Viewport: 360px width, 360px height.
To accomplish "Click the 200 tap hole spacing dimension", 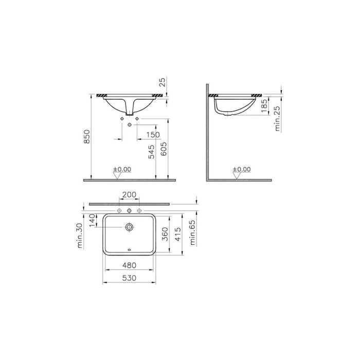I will click(129, 195).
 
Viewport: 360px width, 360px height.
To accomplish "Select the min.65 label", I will click(193, 232).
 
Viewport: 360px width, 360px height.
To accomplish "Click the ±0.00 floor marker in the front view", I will click(122, 169).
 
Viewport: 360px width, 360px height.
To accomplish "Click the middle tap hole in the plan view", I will click(129, 211).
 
